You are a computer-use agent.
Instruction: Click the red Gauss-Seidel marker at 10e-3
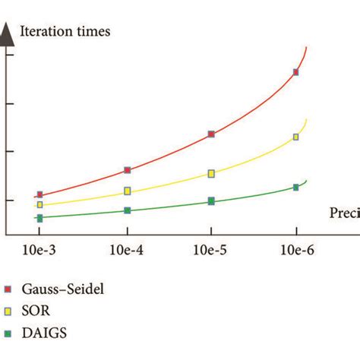click(x=39, y=195)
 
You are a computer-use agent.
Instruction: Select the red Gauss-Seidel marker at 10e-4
click(x=127, y=170)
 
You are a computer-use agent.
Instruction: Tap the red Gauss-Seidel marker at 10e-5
click(x=211, y=134)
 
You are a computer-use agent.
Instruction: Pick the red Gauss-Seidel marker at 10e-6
click(x=295, y=73)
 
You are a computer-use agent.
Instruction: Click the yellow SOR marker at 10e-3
click(x=39, y=205)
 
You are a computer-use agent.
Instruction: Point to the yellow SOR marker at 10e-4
click(x=127, y=191)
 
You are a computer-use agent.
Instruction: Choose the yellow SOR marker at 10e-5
click(x=211, y=174)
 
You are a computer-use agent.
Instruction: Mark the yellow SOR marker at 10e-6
click(x=295, y=137)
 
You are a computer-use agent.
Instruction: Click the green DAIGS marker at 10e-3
click(x=39, y=218)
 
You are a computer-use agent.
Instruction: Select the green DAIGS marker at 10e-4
click(x=127, y=210)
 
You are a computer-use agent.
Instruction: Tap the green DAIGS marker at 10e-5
click(x=211, y=201)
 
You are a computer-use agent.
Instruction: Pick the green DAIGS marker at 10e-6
click(x=295, y=187)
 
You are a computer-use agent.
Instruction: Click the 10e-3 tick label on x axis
click(x=41, y=250)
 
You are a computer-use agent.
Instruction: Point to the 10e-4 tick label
click(x=127, y=250)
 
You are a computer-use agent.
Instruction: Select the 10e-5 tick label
click(x=211, y=250)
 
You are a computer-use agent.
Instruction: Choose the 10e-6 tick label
click(x=295, y=250)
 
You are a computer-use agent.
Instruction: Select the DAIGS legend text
click(x=44, y=332)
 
